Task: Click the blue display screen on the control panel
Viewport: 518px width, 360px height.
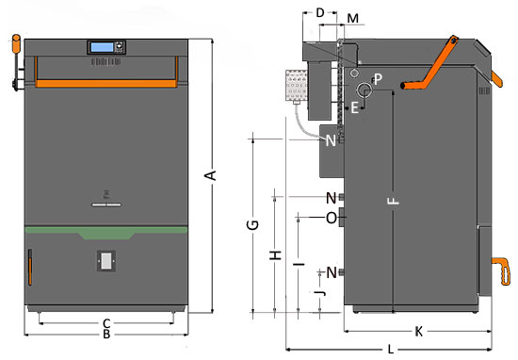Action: [102, 47]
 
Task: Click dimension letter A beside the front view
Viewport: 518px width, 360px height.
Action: [210, 175]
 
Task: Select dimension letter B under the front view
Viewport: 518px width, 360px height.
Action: [106, 335]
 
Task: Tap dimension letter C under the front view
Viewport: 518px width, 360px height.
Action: [106, 323]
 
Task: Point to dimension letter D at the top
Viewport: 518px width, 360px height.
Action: [320, 12]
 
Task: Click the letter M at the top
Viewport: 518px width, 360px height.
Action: [353, 18]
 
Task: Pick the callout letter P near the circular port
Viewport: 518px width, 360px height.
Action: [378, 78]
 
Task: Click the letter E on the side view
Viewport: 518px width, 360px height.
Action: [354, 107]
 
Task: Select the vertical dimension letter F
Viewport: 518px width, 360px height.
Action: [393, 201]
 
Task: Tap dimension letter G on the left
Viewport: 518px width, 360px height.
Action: [252, 225]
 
